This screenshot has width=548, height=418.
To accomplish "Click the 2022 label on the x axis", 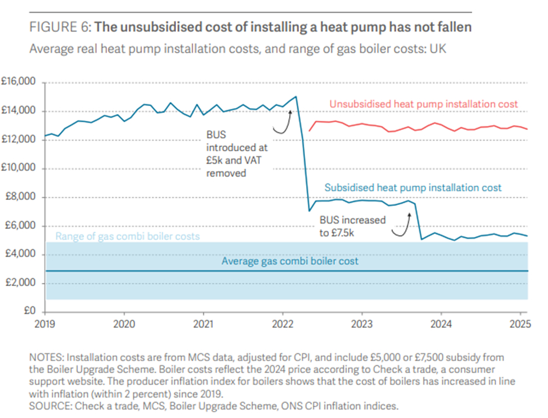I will click(282, 323).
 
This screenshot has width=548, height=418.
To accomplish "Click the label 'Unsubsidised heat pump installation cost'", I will click(423, 104).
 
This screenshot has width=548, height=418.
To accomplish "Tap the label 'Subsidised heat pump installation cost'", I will click(413, 188).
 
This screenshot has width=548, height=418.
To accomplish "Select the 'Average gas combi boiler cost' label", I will click(290, 261).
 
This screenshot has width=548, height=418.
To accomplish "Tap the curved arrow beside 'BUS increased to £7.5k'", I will click(401, 224).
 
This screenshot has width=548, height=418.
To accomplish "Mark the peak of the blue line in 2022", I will click(296, 97).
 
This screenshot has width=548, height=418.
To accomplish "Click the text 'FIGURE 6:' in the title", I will click(59, 26).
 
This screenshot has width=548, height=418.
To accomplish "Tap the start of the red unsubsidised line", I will click(309, 130).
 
